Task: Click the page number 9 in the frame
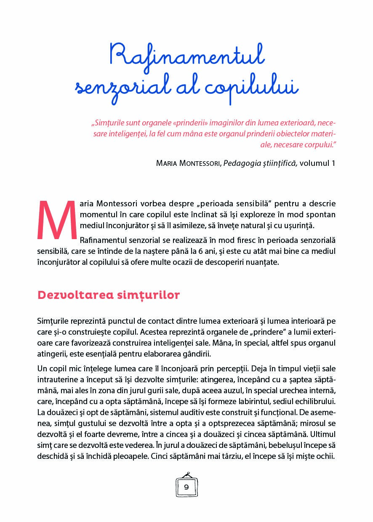click(186, 487)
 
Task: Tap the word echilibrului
click(314, 401)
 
